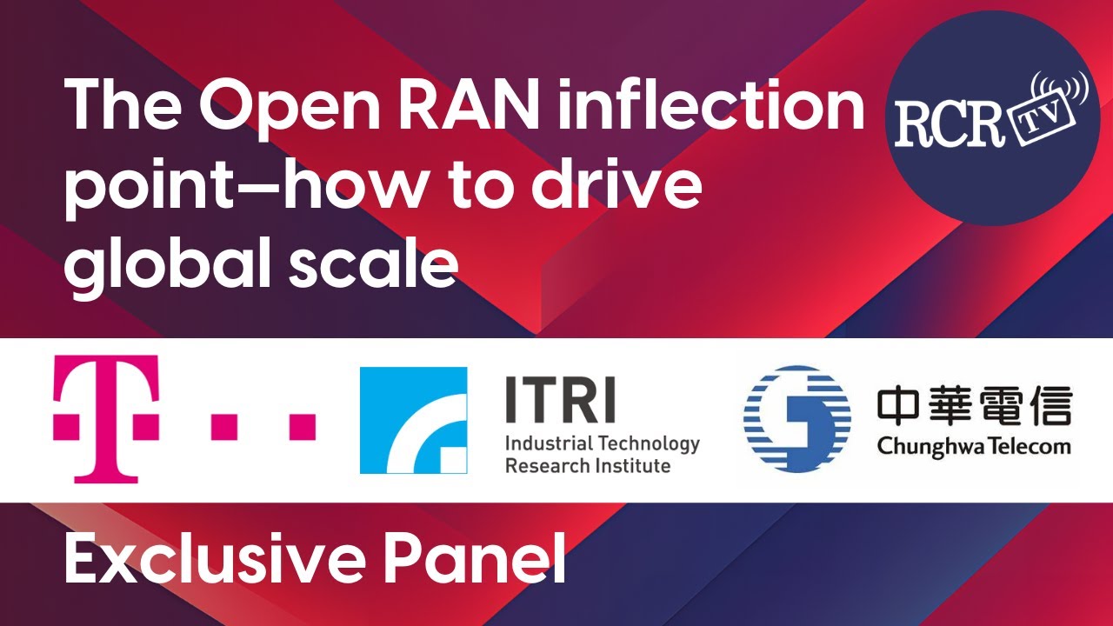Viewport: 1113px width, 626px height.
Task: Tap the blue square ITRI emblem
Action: tap(413, 420)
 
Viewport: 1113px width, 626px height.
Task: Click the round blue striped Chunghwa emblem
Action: tap(796, 419)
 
